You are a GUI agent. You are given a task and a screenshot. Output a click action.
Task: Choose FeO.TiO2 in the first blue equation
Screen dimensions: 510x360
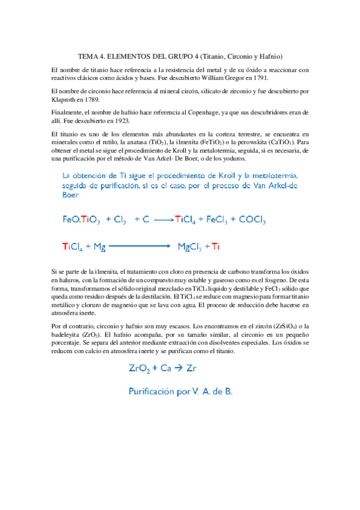80,220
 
